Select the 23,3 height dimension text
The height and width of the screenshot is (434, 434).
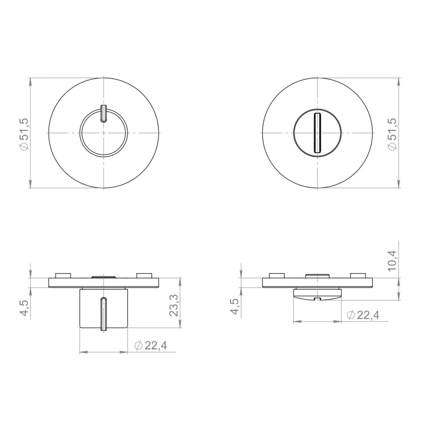(174, 305)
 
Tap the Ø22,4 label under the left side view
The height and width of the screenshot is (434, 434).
(151, 345)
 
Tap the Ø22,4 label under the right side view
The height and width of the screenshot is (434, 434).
(363, 315)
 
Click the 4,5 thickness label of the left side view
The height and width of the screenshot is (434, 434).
(24, 307)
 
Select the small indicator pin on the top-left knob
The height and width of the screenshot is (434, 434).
(104, 113)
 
